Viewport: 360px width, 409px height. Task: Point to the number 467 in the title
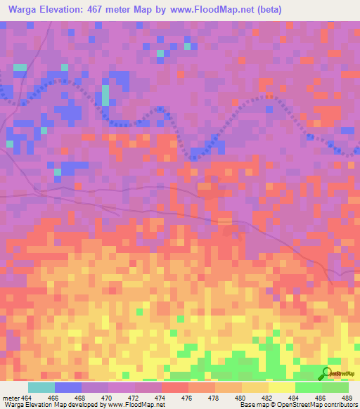98,10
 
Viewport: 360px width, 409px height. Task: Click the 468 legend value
90,397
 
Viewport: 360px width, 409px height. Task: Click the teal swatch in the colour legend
41,387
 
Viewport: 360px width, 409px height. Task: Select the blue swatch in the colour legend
68,387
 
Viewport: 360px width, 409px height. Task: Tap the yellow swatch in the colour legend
281,387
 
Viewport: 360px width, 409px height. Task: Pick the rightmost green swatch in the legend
335,387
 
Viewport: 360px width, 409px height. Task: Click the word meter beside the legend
10,397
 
